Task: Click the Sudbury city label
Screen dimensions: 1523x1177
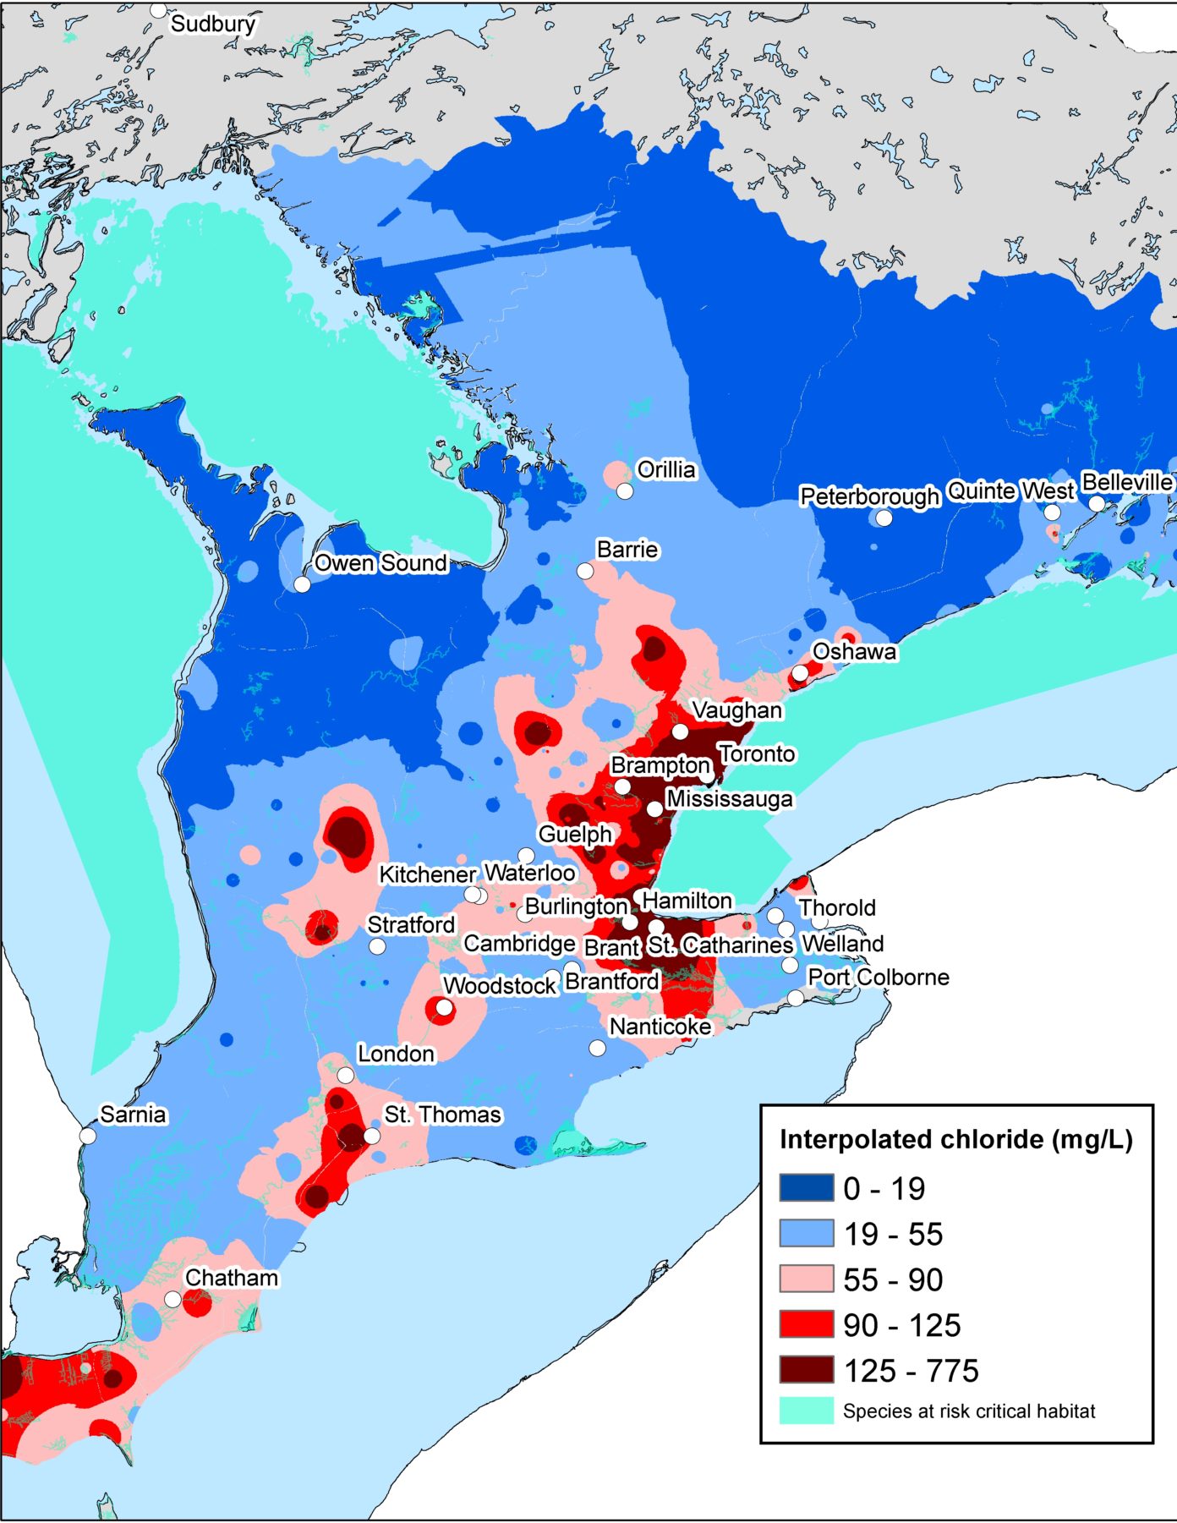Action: pos(212,24)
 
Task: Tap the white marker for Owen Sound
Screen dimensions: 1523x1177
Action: pos(302,584)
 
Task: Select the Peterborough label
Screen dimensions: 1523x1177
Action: pos(869,496)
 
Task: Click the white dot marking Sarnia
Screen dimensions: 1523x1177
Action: pos(88,1136)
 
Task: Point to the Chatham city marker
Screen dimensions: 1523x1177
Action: pos(172,1299)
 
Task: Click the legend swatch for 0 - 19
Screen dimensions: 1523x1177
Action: pos(806,1188)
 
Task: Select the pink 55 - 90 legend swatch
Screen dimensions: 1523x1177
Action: pos(806,1279)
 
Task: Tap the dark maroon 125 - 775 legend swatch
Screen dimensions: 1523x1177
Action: pos(806,1370)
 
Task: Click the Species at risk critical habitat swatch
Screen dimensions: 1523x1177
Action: pos(806,1411)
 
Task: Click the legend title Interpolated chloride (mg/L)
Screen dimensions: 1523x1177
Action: pos(955,1140)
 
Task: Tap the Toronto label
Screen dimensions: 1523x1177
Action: pos(757,753)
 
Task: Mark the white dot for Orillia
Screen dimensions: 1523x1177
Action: pos(625,490)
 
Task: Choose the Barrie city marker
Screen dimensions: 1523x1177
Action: pos(585,572)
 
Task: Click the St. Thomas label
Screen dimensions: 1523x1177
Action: pos(442,1115)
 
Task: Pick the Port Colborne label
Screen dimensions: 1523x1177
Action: pos(878,977)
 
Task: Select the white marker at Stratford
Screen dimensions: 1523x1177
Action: pos(377,946)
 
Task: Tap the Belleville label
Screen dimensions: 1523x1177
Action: pos(1127,482)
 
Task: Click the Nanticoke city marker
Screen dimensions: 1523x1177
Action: pos(597,1048)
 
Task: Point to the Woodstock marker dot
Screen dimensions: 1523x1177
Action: pos(444,1008)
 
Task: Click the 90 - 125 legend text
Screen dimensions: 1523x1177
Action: pos(901,1325)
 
